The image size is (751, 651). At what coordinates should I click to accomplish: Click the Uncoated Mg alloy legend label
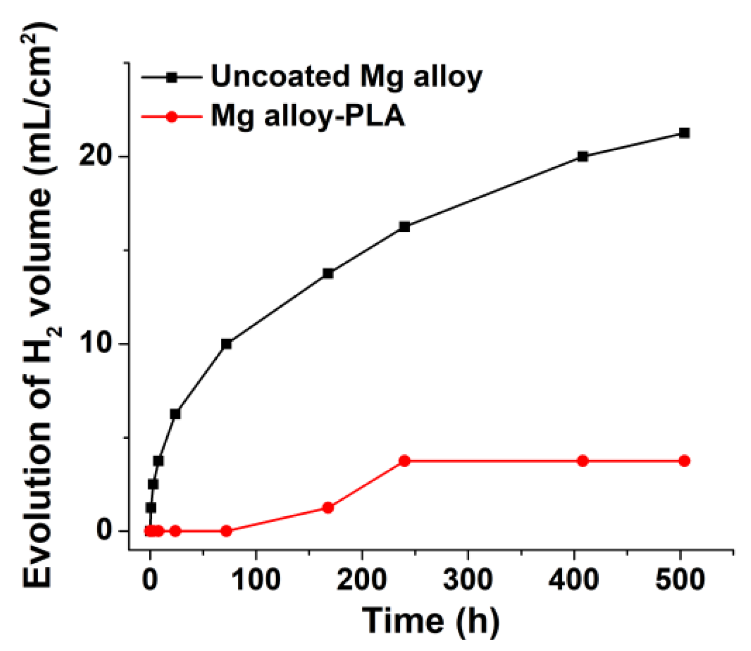(x=346, y=77)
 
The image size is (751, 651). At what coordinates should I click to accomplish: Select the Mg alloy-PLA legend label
(x=308, y=116)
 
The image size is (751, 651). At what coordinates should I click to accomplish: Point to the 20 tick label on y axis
(x=97, y=156)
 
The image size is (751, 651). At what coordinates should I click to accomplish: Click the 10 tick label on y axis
(x=97, y=344)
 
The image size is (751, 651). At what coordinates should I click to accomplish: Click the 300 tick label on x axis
(x=468, y=579)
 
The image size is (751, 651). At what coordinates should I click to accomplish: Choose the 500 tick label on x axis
(x=680, y=579)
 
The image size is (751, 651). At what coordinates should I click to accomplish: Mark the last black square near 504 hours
(x=684, y=133)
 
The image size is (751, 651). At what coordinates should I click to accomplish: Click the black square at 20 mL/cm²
(x=583, y=156)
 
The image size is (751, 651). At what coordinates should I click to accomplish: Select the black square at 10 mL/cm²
(x=226, y=344)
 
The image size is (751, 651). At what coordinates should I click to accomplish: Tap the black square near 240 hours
(x=405, y=227)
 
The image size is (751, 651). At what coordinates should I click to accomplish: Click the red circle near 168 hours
(x=328, y=508)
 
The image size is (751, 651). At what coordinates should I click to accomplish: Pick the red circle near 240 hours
(x=405, y=461)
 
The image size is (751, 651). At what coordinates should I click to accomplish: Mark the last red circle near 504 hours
(x=684, y=461)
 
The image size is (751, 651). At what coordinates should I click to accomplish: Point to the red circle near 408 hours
(x=583, y=461)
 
